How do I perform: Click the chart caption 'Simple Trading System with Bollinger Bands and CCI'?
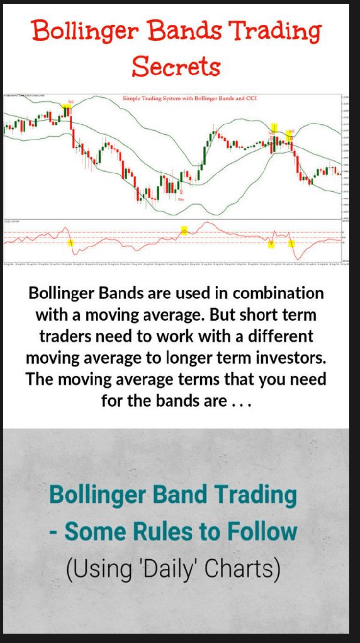click(190, 99)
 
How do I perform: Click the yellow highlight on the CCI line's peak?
click(184, 230)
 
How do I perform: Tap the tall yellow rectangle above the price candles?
click(275, 127)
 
